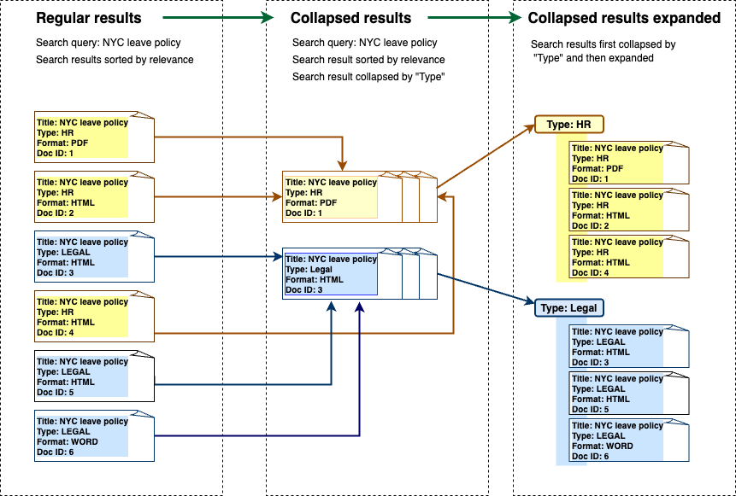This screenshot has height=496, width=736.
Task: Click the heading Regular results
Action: click(90, 18)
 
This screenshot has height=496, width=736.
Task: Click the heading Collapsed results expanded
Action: click(624, 18)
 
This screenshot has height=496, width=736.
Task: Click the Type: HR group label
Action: click(569, 125)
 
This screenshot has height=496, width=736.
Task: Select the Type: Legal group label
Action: click(571, 307)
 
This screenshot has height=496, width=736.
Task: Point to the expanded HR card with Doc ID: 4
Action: click(628, 257)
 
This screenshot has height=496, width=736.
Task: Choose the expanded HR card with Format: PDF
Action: click(628, 163)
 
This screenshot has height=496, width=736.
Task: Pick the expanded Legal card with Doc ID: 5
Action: click(628, 394)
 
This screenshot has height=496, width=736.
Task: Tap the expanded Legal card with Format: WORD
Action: click(628, 441)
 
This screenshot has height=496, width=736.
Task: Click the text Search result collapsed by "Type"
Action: click(369, 77)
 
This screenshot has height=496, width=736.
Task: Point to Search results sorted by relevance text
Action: click(115, 60)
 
